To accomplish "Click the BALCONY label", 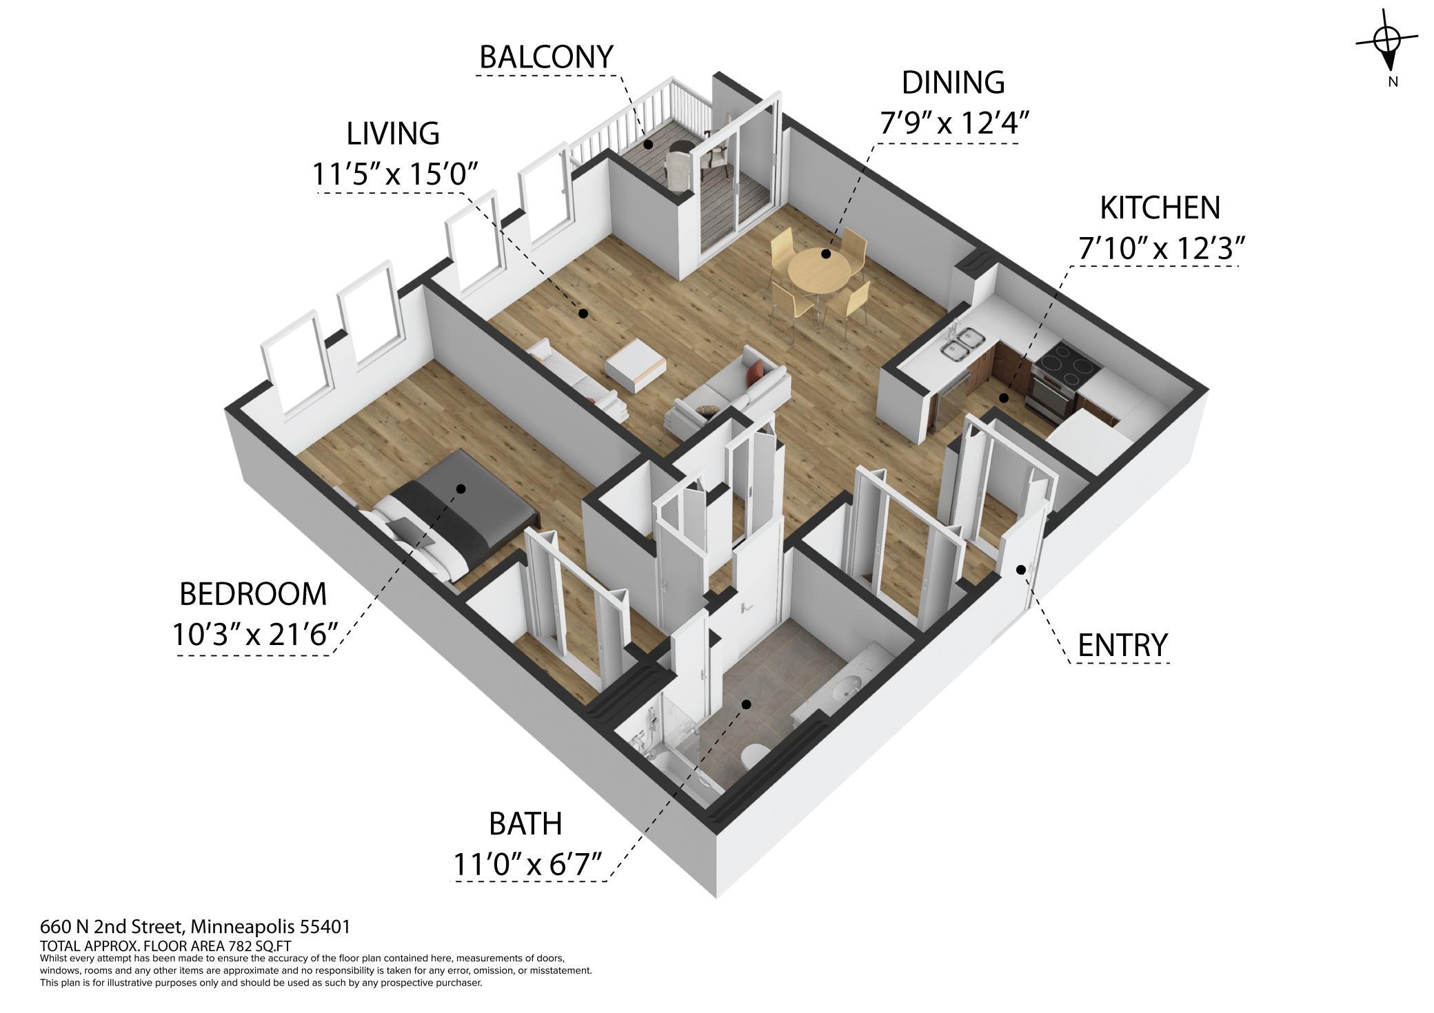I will [546, 57].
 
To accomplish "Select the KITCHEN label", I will [1160, 207].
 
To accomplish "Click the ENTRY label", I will [1122, 645].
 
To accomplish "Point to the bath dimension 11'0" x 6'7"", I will [527, 863].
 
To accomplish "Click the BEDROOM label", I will [253, 594].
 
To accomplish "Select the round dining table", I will [819, 270].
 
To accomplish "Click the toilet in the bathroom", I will [753, 755].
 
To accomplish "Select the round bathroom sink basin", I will [847, 687].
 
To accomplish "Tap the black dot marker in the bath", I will [746, 704].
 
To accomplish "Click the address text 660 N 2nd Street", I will [112, 926].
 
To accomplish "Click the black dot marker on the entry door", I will [1020, 569].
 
